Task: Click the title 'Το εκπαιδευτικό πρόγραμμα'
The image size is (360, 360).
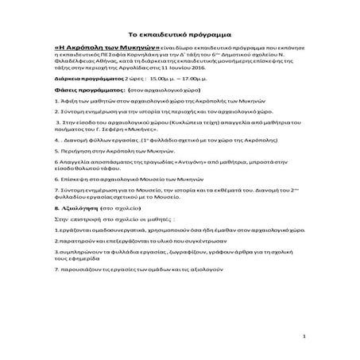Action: click(179, 36)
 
